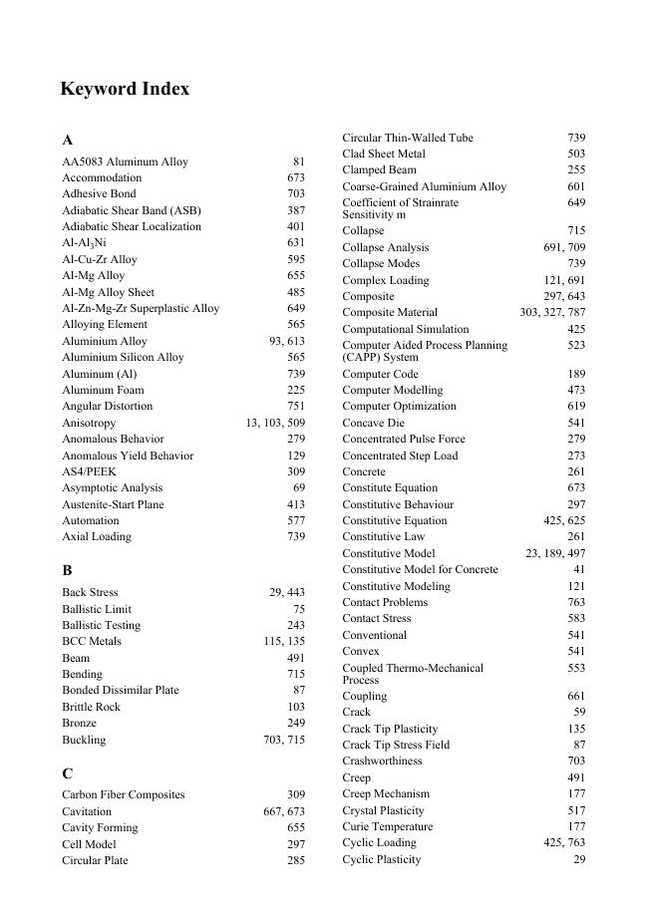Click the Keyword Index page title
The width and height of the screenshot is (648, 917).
(125, 89)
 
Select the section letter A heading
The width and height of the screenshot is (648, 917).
(67, 140)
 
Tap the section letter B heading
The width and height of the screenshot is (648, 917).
(67, 570)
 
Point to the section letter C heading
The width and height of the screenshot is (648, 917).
(67, 773)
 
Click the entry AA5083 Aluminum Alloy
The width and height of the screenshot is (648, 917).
(125, 161)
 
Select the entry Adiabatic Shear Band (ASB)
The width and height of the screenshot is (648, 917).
(132, 210)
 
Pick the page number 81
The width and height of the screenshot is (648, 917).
(299, 161)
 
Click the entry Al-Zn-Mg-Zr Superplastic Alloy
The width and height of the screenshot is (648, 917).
(141, 308)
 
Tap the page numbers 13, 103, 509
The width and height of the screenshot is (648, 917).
(275, 423)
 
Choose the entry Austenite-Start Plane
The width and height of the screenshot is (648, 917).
(113, 504)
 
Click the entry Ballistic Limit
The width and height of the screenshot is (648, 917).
(97, 609)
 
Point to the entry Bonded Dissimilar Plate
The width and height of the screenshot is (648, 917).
(121, 690)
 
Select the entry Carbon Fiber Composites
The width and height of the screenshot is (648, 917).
(124, 795)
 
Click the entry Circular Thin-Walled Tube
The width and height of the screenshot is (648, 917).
(408, 138)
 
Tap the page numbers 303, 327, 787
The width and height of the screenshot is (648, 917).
(552, 312)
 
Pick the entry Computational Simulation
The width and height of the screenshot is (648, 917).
(406, 329)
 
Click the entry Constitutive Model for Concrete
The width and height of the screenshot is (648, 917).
(420, 569)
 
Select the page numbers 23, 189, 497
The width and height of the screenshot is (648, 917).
(555, 553)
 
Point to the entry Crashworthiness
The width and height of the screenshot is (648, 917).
(382, 761)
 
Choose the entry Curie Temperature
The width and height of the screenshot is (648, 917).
(388, 826)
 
